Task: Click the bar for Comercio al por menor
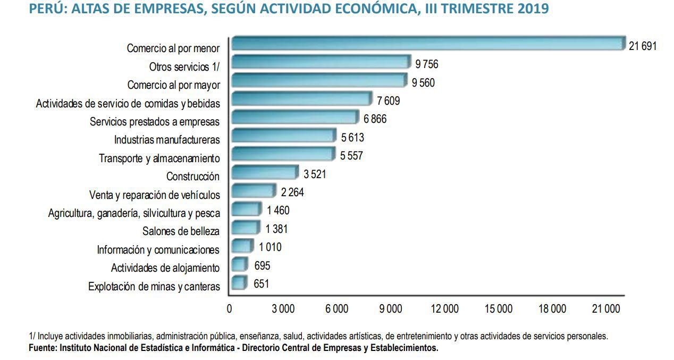click(x=428, y=44)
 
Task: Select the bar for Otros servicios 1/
click(x=321, y=62)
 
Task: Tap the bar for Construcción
click(x=265, y=172)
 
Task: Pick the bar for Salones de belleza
click(x=246, y=228)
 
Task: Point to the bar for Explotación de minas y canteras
click(x=240, y=282)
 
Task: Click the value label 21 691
click(x=643, y=46)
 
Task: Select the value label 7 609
click(x=388, y=101)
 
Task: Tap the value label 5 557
click(x=351, y=156)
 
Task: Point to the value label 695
click(x=262, y=265)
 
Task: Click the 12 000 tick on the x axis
click(x=444, y=309)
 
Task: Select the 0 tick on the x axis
click(x=229, y=309)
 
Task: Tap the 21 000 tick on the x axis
click(x=606, y=309)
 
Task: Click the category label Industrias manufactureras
click(x=167, y=140)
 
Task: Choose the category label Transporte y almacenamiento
click(x=159, y=158)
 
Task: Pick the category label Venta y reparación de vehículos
click(x=155, y=195)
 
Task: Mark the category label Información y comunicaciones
click(x=158, y=250)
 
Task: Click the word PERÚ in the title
click(x=44, y=9)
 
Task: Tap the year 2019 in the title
click(x=533, y=9)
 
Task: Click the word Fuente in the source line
click(x=42, y=348)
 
